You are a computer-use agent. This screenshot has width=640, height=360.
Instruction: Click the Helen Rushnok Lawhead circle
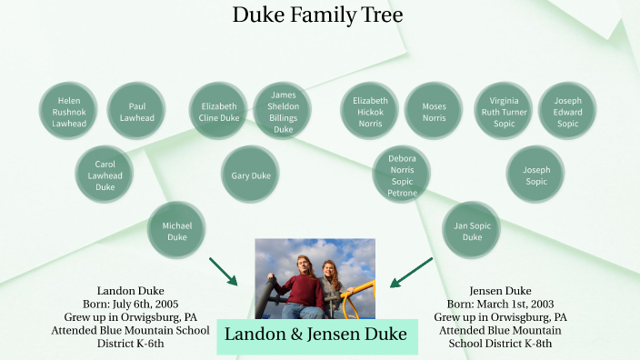(x=69, y=112)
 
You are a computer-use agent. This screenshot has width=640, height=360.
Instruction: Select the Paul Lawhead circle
(x=136, y=112)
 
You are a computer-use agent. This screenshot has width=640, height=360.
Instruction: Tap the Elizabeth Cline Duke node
(x=219, y=112)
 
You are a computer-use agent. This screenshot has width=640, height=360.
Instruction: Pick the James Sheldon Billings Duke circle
(x=284, y=112)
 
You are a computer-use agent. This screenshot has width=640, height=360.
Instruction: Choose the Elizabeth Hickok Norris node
(x=370, y=112)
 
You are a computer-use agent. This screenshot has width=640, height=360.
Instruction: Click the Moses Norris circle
(x=434, y=112)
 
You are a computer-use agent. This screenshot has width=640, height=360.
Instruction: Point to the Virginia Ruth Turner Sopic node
(x=504, y=112)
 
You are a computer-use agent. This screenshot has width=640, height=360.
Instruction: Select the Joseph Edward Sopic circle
(x=567, y=112)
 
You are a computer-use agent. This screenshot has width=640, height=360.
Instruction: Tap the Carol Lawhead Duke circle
(x=105, y=175)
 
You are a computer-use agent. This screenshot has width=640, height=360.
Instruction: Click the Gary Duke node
(x=250, y=175)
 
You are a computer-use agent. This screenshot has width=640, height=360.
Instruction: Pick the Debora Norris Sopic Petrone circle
(x=402, y=175)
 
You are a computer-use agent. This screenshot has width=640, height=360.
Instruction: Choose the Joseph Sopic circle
(x=535, y=175)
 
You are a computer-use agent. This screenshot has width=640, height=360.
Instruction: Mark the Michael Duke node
(x=176, y=231)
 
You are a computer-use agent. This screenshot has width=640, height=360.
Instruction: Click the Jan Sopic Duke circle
(x=472, y=231)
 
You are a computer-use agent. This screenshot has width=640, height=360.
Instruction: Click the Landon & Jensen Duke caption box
(x=316, y=336)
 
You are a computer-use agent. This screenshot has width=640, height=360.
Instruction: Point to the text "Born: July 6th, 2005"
(x=130, y=304)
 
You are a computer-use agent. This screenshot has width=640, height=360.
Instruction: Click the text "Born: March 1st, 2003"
(x=507, y=304)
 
